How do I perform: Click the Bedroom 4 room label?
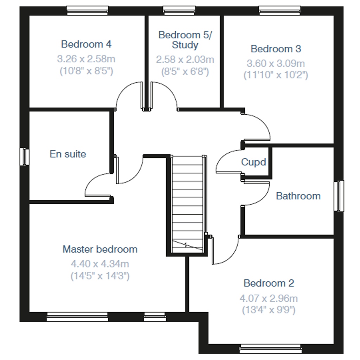point(86,44)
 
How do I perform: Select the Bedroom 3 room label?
point(276,49)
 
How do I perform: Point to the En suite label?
point(68,154)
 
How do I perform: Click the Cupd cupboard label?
point(253,162)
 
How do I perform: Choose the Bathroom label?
point(298,196)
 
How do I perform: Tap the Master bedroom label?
point(100,249)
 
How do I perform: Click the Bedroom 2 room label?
point(269,283)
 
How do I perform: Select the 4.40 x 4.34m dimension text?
point(100,263)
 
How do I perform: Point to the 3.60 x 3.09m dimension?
point(276,64)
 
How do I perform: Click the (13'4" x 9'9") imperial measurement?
point(269,310)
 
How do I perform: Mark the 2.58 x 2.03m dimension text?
point(185,59)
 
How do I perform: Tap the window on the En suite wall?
point(24,156)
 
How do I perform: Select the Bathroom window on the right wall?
point(339,196)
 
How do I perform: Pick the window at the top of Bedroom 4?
point(88,11)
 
